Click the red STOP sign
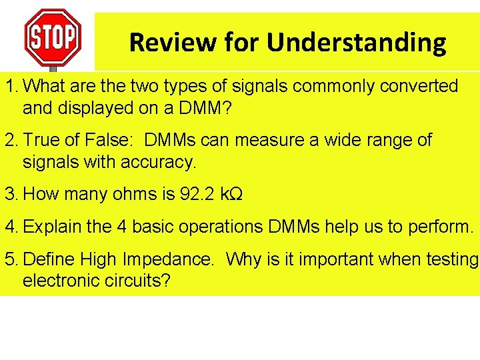point(53,36)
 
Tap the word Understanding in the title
point(357,43)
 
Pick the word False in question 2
point(108,141)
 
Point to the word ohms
point(134,194)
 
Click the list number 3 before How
point(9,194)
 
